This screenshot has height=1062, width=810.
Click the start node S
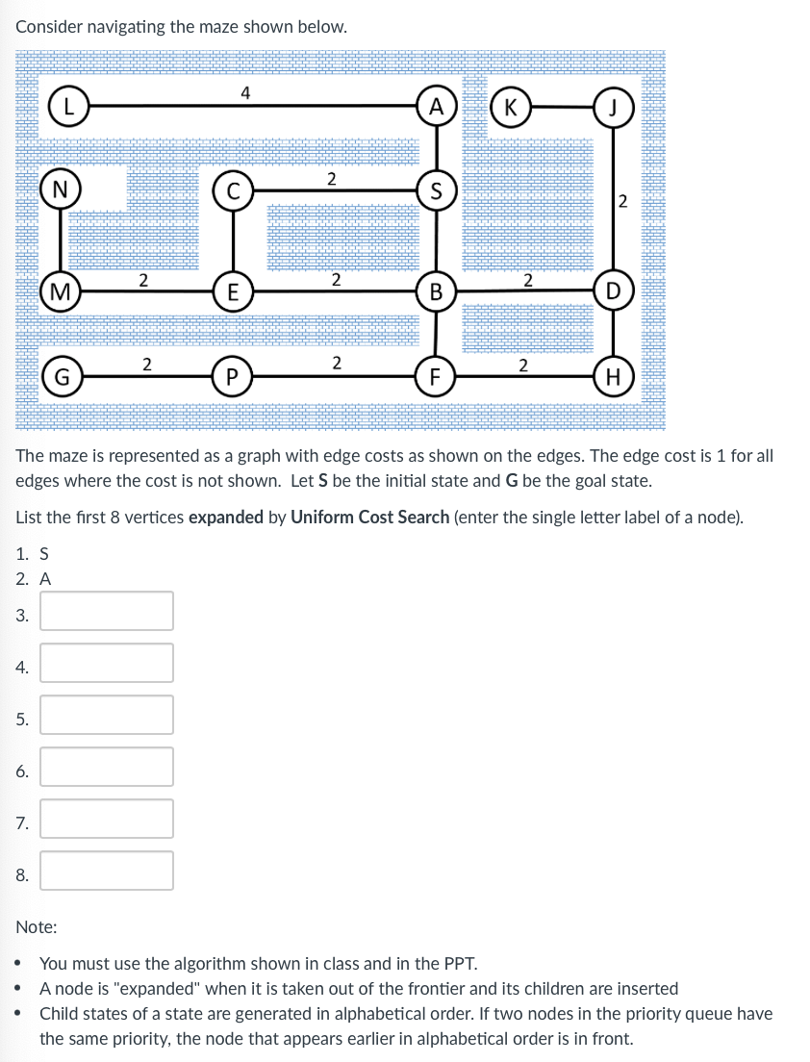coord(438,190)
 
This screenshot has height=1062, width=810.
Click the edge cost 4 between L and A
coord(246,93)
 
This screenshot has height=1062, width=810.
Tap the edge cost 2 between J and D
coord(622,201)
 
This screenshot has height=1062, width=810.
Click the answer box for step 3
coord(107,611)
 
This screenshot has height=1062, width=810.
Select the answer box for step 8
coord(107,871)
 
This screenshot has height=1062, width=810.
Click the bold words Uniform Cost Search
coord(369,517)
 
